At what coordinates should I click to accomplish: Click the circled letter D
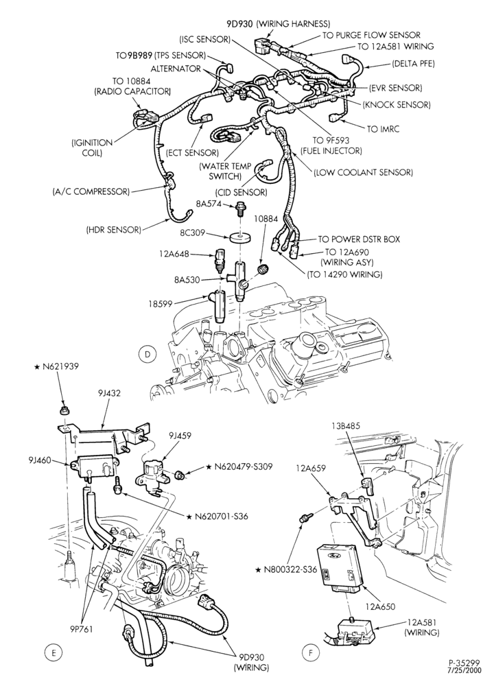coord(148,354)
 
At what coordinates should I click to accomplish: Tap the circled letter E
coord(54,653)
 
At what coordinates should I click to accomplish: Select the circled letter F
coord(309,653)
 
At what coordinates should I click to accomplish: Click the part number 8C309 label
coord(193,234)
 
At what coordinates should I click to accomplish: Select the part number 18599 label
coord(173,303)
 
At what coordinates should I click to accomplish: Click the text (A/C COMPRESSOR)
coord(91,191)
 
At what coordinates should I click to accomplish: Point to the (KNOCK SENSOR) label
coord(397,105)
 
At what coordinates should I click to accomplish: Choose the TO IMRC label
coord(384,129)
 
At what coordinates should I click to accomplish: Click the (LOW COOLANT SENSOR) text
coord(363,172)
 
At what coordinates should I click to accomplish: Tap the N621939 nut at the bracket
coord(64,410)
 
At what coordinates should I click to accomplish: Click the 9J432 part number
coord(109,393)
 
